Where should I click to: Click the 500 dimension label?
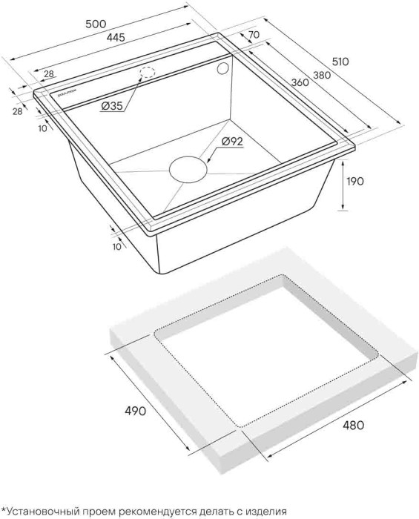(x=96, y=24)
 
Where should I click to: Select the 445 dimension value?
(x=116, y=37)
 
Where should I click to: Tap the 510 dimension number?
(x=340, y=62)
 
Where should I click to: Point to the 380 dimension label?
(x=321, y=75)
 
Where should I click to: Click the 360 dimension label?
(x=300, y=82)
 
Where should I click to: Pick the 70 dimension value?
(x=253, y=34)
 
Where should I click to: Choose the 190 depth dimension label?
(x=354, y=181)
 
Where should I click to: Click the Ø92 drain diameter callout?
(x=232, y=142)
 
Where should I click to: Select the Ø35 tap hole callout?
(x=112, y=106)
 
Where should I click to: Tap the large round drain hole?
(x=188, y=169)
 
